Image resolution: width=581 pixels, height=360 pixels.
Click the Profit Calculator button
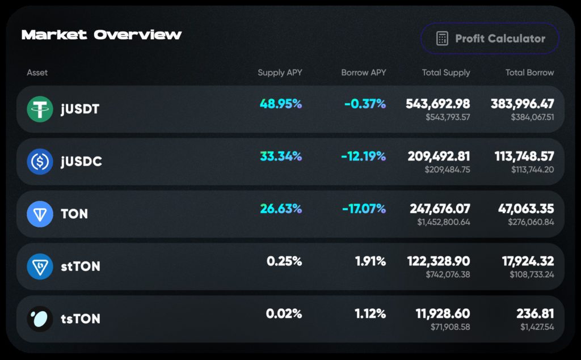pos(490,39)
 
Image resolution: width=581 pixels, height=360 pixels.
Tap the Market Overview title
pos(102,35)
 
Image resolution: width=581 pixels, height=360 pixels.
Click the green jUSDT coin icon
pos(40,109)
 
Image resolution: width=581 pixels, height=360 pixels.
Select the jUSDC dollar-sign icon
pos(40,162)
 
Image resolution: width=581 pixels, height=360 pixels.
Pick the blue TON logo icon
pos(40,214)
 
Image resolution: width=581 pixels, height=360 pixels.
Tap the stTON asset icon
pos(40,266)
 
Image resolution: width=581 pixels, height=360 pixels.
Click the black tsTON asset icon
pos(40,319)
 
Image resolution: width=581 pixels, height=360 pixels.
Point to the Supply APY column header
pos(280,73)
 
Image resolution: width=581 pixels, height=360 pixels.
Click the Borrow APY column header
pos(364,73)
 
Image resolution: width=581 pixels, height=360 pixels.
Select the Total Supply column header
pos(446,73)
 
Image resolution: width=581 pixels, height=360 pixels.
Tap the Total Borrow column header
pos(529,73)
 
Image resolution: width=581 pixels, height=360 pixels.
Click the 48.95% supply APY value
pos(281,104)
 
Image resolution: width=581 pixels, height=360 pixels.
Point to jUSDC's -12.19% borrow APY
pos(364,156)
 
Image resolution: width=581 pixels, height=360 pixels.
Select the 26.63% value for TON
pos(281,209)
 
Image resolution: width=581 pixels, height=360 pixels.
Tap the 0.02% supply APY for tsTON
pos(284,314)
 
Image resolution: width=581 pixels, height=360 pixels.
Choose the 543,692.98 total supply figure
pos(437,104)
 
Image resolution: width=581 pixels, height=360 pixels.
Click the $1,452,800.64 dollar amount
pos(444,222)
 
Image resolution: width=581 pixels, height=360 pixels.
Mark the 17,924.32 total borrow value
pos(528,261)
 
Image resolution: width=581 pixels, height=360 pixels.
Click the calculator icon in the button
pos(442,39)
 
